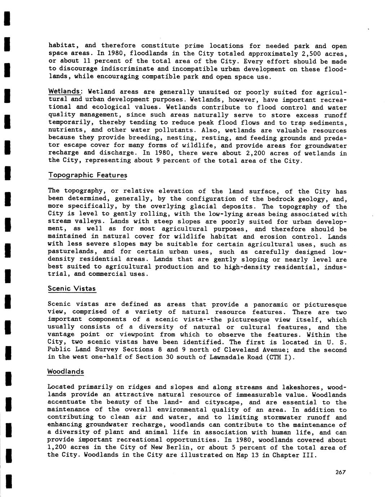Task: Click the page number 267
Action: pyautogui.click(x=340, y=472)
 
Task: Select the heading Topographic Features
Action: pyautogui.click(x=88, y=175)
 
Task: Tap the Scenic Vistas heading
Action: pyautogui.click(x=72, y=289)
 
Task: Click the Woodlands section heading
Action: pyautogui.click(x=66, y=372)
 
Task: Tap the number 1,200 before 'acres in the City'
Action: pyautogui.click(x=58, y=448)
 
